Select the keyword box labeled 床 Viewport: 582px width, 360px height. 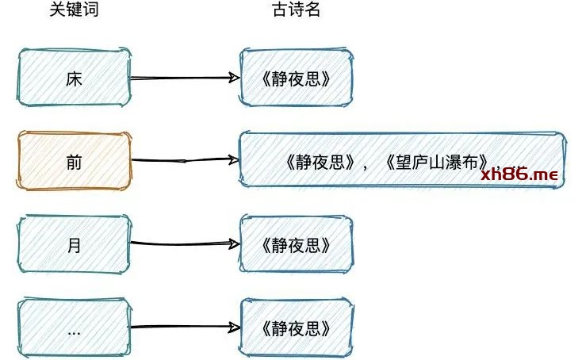coord(74,78)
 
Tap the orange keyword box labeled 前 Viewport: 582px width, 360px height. coord(74,161)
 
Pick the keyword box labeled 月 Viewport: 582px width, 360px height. coord(74,245)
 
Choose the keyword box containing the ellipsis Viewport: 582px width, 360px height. coord(74,327)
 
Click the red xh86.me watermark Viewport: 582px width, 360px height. coord(519,174)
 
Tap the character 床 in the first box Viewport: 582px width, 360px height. coord(74,78)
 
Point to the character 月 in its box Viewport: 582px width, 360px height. coord(74,245)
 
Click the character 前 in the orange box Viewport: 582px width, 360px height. coord(74,161)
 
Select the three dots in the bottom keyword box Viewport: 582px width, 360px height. coord(74,331)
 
